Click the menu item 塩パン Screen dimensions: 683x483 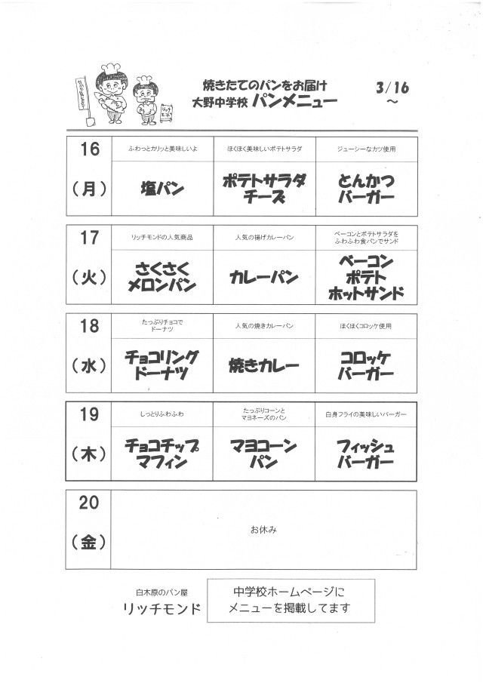[x=162, y=189]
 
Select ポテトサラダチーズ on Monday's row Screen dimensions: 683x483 [x=265, y=189]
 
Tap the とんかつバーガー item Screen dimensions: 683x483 [x=366, y=189]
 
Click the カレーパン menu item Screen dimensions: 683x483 [x=264, y=277]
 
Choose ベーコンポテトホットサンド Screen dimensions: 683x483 [x=366, y=277]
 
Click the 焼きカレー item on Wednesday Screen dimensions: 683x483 [x=264, y=366]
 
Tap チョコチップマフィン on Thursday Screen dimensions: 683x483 [x=162, y=454]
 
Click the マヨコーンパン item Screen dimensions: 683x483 [x=264, y=454]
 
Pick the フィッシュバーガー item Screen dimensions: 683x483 [x=366, y=454]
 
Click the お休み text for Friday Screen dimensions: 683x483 [x=264, y=530]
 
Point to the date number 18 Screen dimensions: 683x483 [x=89, y=325]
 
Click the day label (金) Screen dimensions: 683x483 [x=89, y=542]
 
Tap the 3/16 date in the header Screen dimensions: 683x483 [x=392, y=87]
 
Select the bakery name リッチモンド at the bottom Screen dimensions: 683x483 [x=165, y=609]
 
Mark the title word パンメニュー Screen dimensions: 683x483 [x=295, y=102]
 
